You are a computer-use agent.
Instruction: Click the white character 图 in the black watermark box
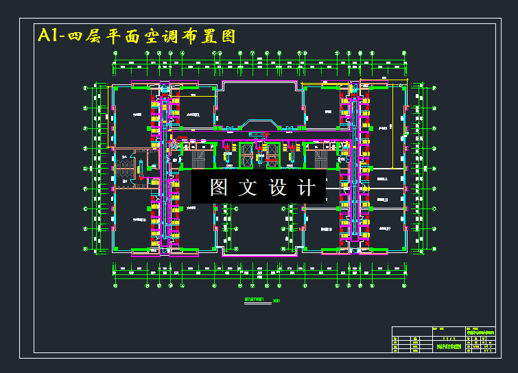tap(219, 187)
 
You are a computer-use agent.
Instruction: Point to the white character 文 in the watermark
tap(248, 187)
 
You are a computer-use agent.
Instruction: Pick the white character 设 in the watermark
tap(277, 187)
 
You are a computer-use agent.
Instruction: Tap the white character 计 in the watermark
tap(307, 187)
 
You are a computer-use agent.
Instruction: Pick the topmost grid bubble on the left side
tap(85, 88)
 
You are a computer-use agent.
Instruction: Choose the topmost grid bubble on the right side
tap(434, 88)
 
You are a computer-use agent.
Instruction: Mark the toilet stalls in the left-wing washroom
tap(124, 167)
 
